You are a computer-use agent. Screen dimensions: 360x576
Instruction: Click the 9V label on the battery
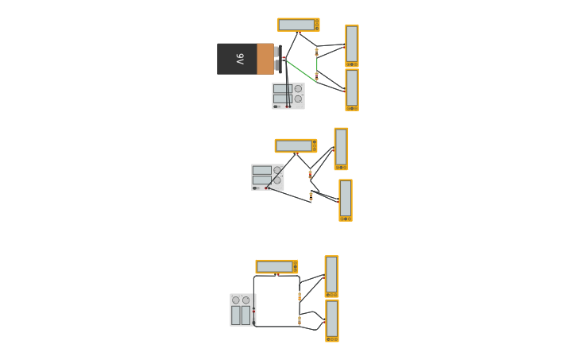coord(239,59)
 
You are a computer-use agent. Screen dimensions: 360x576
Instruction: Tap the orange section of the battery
coord(265,59)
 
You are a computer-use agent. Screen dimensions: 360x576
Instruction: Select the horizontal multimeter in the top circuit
coord(298,25)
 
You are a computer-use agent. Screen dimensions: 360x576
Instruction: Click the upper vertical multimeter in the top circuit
coord(351,45)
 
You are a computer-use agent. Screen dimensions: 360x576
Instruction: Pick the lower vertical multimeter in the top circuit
coord(351,89)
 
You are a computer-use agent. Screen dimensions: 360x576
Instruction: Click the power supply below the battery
coord(288,95)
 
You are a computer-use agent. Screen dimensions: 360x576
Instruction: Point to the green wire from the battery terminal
coord(300,69)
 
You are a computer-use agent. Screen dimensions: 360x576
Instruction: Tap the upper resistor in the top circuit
coord(316,52)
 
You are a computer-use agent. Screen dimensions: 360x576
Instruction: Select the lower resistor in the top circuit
coord(316,76)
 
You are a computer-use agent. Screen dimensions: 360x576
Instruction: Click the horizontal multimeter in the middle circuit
coord(296,146)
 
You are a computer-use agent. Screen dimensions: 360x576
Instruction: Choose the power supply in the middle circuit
coord(267,176)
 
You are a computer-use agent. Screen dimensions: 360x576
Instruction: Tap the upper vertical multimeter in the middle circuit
coord(341,149)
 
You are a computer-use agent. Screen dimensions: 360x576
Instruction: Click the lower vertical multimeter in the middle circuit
coord(345,199)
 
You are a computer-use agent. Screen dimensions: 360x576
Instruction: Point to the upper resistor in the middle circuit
coord(310,173)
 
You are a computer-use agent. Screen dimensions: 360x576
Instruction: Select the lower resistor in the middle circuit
coord(311,195)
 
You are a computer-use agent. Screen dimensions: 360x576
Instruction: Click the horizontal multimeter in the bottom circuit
coord(276,267)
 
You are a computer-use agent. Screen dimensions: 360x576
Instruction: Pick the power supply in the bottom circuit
coord(242,310)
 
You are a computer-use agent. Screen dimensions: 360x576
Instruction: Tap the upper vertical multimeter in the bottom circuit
coord(331,276)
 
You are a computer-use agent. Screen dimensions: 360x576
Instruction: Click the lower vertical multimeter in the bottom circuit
coord(332,320)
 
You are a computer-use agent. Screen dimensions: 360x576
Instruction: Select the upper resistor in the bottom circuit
coord(300,296)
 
